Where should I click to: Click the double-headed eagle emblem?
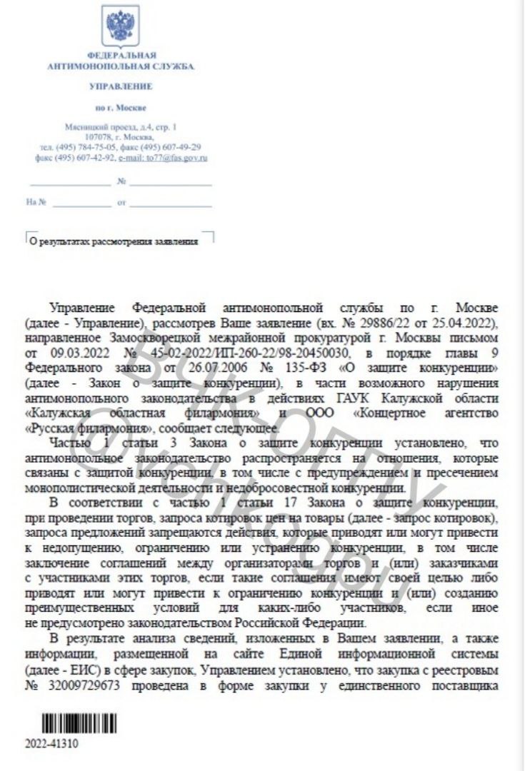(120, 25)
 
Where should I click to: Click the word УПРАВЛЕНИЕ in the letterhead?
(120, 86)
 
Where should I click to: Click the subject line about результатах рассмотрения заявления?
(112, 241)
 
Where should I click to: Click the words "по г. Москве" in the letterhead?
(120, 109)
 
